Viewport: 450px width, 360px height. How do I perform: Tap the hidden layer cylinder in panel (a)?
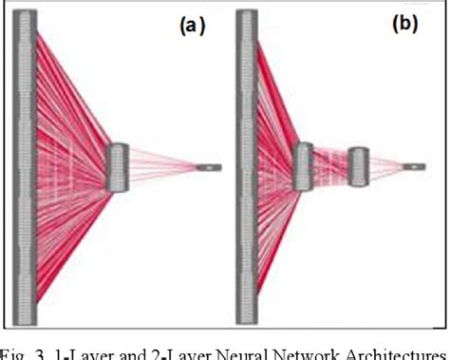pos(118,168)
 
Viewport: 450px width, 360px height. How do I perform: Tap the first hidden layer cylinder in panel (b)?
pos(303,168)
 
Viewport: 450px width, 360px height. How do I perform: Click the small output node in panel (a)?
pos(208,168)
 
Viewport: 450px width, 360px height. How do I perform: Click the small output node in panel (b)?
pos(414,167)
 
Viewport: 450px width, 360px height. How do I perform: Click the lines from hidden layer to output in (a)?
pos(161,168)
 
